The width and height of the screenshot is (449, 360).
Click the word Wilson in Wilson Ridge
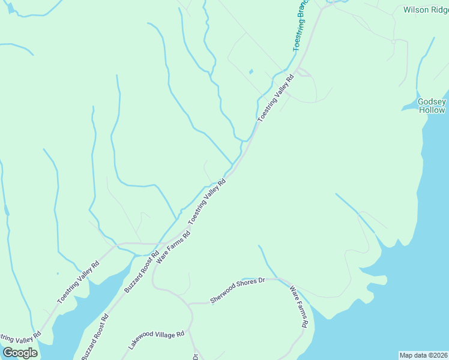click(415, 10)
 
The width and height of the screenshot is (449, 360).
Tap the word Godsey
click(432, 102)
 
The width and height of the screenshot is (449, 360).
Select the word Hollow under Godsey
click(432, 110)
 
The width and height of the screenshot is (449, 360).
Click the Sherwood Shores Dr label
click(237, 290)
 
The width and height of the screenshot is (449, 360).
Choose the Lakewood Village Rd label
click(156, 340)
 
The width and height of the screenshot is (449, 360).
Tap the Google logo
click(20, 353)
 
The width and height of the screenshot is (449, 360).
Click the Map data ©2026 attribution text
click(424, 355)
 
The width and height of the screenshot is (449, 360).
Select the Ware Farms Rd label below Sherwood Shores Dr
click(299, 307)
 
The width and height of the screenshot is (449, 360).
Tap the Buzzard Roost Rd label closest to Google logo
click(95, 337)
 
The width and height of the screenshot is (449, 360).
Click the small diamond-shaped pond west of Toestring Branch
click(250, 73)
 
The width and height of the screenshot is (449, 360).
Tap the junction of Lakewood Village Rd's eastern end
click(191, 329)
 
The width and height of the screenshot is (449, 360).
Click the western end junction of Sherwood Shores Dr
click(191, 304)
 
